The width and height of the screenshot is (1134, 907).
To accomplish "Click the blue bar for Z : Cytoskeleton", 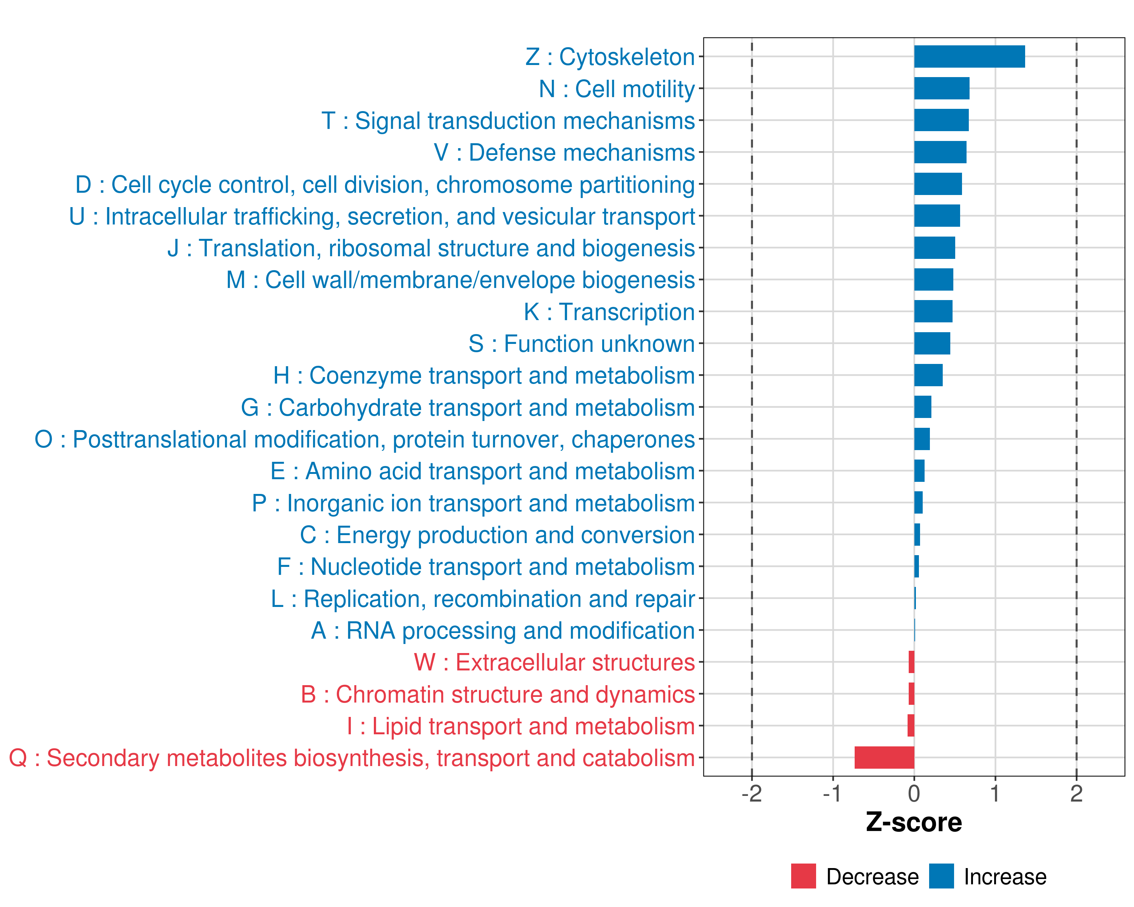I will (x=969, y=57).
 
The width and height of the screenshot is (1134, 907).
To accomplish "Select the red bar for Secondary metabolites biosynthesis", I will (x=884, y=758).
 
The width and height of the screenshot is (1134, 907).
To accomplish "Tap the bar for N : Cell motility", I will (x=942, y=88).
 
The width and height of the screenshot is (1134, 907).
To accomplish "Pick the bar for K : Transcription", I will (x=933, y=311).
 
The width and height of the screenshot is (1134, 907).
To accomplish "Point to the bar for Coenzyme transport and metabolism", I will (x=928, y=375).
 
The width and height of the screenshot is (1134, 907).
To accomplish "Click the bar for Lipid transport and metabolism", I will (x=911, y=726).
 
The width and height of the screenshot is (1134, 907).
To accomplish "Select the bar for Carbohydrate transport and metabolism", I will (x=923, y=407).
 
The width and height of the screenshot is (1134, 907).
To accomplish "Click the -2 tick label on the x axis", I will (x=751, y=794).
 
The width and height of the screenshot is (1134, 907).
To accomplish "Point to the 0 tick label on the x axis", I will (x=914, y=794).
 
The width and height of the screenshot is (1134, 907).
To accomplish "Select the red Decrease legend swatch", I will (x=803, y=876).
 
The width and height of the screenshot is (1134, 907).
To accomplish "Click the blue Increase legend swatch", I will (x=941, y=876).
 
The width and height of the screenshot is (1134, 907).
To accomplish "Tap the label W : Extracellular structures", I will (x=555, y=662).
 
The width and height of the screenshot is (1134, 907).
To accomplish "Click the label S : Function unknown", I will (x=582, y=344).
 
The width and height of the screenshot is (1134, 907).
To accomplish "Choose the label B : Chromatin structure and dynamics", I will (x=497, y=695).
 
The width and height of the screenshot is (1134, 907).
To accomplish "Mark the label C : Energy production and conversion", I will (x=497, y=535).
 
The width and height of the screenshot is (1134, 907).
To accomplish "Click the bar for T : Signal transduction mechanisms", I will (x=941, y=121).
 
